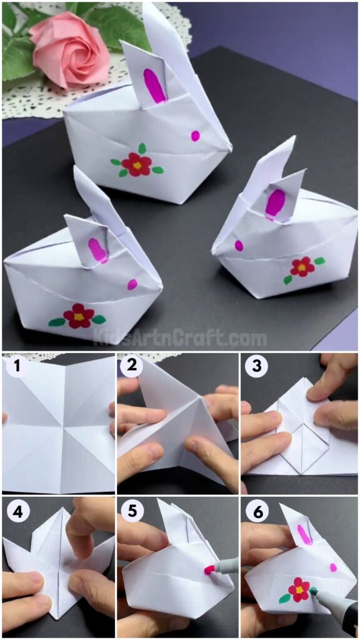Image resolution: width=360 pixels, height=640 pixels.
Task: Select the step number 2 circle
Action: coord(130,367)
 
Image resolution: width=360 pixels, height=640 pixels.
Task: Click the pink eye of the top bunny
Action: coord(196,136)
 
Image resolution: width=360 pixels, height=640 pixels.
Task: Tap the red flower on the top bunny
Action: coord(137,164)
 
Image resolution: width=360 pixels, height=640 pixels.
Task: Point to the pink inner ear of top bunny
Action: coord(154,85)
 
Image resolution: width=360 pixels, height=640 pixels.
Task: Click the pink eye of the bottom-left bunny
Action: coord(132,284)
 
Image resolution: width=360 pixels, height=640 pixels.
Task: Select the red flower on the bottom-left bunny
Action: coord(79,316)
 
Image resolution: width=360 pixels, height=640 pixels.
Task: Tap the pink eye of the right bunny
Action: coord(239,246)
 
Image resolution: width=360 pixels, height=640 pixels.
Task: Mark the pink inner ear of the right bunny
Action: coord(274,204)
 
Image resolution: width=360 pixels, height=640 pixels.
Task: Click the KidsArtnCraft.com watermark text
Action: coord(180,339)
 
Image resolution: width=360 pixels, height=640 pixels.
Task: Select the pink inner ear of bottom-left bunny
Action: coord(97,249)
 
